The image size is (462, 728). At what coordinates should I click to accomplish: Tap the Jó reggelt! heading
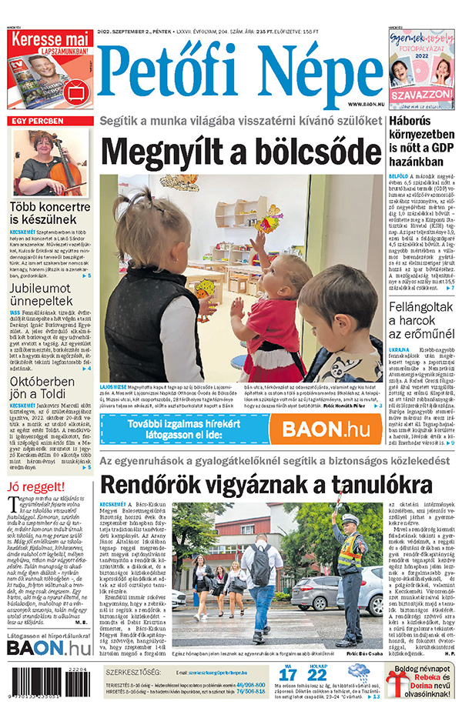35,486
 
